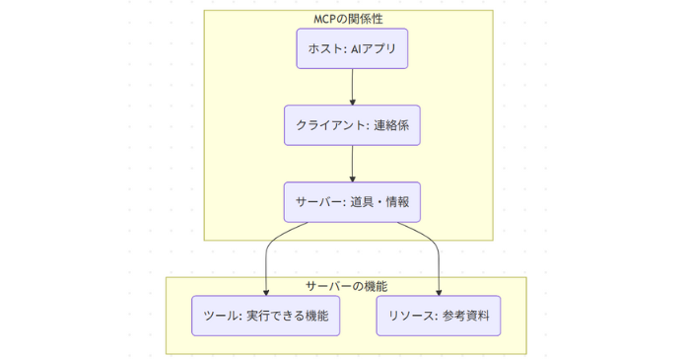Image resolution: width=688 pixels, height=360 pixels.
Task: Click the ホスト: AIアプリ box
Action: (x=352, y=48)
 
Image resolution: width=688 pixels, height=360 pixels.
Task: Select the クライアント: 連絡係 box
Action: (x=352, y=125)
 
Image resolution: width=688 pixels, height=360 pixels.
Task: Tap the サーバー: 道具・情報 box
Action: (x=352, y=202)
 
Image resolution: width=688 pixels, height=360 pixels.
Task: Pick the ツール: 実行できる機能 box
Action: (x=266, y=316)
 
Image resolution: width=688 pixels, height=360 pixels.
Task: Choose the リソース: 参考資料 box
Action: (x=439, y=316)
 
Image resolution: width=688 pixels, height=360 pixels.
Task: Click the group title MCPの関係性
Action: (x=348, y=20)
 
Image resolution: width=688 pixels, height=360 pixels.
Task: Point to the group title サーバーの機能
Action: (x=346, y=286)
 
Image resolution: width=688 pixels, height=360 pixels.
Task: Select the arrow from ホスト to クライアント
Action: (x=352, y=87)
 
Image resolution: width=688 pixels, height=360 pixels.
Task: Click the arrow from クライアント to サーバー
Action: (x=352, y=164)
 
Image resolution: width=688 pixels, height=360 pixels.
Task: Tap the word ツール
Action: (x=220, y=316)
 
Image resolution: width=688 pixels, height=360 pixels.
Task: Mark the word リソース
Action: (x=406, y=316)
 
